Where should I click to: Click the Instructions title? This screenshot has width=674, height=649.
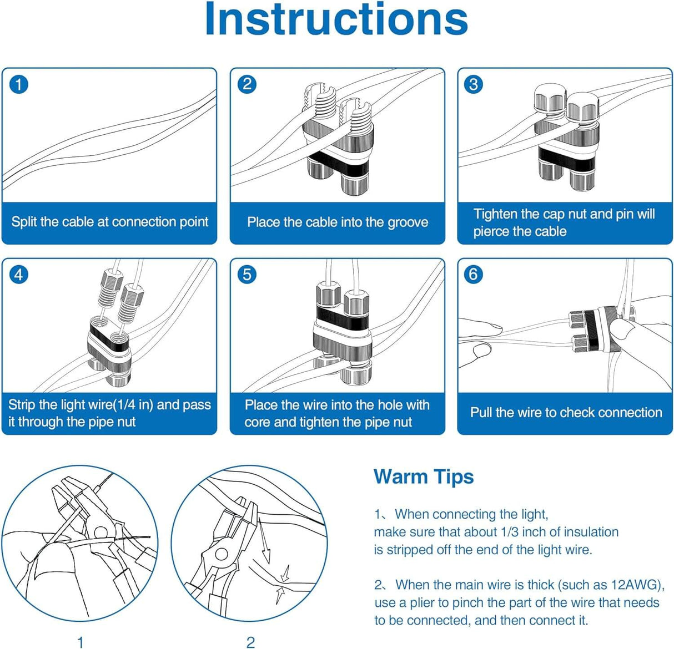click(336, 20)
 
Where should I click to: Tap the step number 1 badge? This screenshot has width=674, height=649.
click(19, 84)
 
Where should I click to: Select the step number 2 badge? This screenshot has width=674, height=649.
click(247, 84)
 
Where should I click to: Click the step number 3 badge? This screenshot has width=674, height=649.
click(474, 84)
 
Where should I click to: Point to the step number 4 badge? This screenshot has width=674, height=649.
click(19, 275)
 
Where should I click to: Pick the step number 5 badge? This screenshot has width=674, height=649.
click(247, 275)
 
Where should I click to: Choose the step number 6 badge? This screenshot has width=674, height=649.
click(474, 275)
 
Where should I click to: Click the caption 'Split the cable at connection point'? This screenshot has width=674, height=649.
click(109, 222)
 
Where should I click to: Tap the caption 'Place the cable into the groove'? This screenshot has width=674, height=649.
click(338, 222)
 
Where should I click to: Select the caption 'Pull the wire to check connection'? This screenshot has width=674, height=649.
click(566, 412)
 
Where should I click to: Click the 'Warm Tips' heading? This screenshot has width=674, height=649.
click(424, 476)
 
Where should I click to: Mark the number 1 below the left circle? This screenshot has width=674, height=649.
click(81, 642)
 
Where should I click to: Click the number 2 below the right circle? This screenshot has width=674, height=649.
click(250, 642)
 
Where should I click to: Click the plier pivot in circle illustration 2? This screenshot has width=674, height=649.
click(220, 554)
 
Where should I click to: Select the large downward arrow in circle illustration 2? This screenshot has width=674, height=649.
click(265, 546)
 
